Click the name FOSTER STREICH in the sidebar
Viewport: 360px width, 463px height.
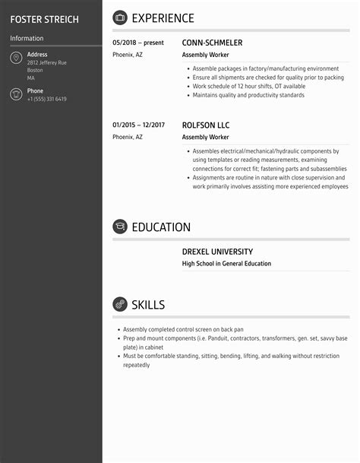point(44,19)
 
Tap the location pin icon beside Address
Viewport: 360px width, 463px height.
point(16,59)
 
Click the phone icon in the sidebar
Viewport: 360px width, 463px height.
point(16,94)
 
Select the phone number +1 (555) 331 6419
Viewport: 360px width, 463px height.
point(46,100)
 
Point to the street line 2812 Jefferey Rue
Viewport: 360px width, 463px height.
point(46,62)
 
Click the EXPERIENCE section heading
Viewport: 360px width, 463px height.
point(163,18)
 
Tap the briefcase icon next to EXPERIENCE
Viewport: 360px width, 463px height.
point(120,18)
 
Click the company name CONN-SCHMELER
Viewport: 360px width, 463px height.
point(212,43)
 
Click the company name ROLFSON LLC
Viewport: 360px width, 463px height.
point(205,125)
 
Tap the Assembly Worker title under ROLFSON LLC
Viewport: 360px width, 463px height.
point(205,138)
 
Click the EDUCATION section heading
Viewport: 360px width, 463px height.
point(161,227)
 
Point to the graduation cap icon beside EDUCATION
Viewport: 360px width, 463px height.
point(120,227)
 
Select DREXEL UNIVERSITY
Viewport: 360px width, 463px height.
point(217,252)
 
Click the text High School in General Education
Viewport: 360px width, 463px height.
point(226,264)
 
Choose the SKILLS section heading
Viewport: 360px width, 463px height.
point(148,305)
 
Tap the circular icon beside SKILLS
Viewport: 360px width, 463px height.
point(120,305)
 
